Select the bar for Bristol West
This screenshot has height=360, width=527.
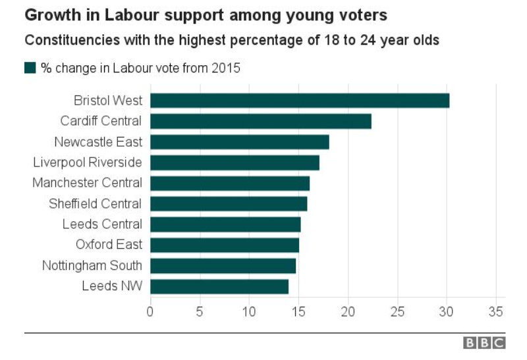(x=300, y=100)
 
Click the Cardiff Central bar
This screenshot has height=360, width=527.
(x=260, y=121)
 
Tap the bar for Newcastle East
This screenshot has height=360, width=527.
(x=239, y=141)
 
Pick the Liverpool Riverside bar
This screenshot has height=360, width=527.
(x=235, y=163)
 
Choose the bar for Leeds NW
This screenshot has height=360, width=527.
(x=219, y=286)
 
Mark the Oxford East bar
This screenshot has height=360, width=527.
(x=225, y=245)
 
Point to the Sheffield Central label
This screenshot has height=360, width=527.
(x=95, y=203)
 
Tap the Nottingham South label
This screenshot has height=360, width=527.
(x=92, y=265)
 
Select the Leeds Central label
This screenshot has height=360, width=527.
(x=102, y=224)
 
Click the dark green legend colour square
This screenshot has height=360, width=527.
(x=30, y=67)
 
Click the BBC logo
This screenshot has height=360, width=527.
(x=484, y=343)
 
